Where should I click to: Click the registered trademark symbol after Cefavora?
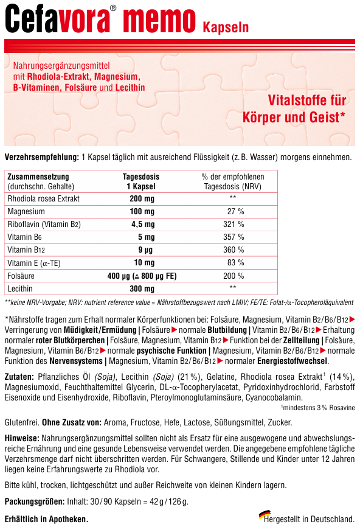(x=114, y=9)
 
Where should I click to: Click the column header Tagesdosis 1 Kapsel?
(x=142, y=181)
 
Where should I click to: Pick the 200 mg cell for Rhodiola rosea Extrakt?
(x=142, y=198)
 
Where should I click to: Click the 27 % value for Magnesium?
(x=235, y=211)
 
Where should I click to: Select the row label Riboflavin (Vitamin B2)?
(x=44, y=224)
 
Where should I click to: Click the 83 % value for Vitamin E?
(x=235, y=262)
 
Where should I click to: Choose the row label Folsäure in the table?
(x=21, y=276)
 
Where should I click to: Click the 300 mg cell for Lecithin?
(x=142, y=288)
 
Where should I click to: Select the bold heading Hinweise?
(x=22, y=438)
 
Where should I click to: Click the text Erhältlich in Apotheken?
(x=46, y=519)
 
